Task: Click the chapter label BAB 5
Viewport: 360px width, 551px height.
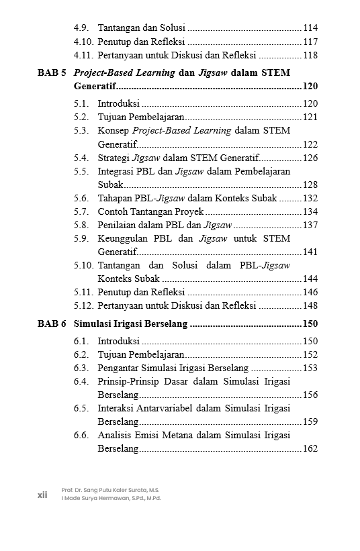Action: tap(51, 72)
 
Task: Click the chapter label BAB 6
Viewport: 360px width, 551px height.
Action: tap(51, 323)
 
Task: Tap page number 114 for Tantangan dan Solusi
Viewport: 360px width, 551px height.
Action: tap(310, 28)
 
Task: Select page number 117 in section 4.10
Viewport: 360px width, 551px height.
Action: tap(310, 42)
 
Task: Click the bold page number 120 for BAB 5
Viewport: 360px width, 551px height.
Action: tap(310, 87)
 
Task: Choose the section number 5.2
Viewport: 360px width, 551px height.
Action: tap(81, 117)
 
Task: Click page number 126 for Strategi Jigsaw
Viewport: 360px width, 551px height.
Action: tap(310, 158)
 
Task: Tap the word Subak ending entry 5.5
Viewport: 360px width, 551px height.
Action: tap(110, 185)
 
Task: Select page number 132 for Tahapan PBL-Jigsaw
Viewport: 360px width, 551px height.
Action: tap(310, 198)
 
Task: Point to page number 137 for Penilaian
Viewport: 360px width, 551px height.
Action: tap(310, 225)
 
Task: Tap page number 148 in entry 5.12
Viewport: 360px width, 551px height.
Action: tap(310, 305)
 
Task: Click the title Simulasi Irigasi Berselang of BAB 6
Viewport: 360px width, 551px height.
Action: tap(130, 323)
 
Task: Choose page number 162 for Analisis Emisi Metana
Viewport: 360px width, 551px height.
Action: tap(310, 448)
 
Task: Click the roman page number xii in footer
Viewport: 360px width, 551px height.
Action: tap(42, 494)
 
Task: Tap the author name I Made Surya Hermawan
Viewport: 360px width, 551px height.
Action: tap(111, 498)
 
